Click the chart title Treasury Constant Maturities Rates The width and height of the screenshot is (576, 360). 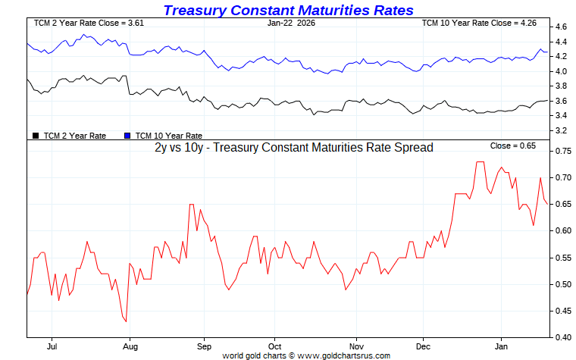(288, 10)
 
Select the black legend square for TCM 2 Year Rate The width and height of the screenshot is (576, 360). (36, 136)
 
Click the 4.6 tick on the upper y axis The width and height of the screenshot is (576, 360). (562, 27)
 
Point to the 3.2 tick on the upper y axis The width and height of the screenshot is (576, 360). (562, 130)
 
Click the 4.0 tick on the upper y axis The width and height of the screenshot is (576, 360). (562, 71)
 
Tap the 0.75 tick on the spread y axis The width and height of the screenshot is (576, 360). (563, 152)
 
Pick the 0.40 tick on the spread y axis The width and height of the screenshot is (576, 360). (563, 337)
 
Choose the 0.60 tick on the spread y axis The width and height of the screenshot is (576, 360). (563, 231)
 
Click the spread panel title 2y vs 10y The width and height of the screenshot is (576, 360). (293, 148)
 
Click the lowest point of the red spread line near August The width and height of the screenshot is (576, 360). (126, 322)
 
